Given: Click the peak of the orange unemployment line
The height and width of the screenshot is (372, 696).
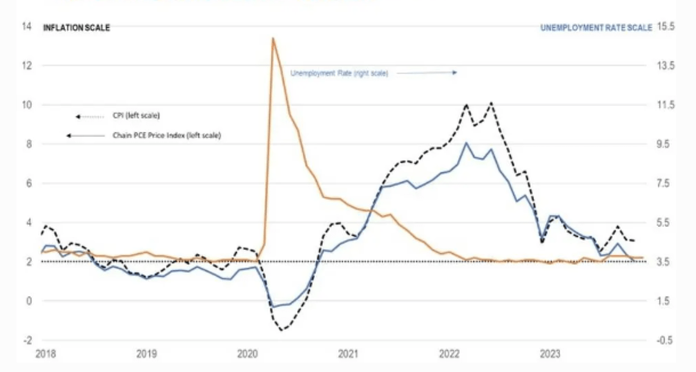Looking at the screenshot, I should click(272, 38).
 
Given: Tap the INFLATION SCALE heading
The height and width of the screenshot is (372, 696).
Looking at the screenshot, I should click(76, 27).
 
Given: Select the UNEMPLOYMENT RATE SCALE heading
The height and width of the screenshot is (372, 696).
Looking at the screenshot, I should click(596, 27).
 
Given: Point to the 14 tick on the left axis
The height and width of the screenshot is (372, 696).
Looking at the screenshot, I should click(27, 26).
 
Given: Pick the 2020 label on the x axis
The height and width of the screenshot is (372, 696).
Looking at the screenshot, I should click(248, 353).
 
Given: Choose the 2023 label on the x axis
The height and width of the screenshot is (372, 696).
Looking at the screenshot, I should click(549, 353).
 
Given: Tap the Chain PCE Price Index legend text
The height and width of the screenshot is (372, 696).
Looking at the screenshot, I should click(166, 135).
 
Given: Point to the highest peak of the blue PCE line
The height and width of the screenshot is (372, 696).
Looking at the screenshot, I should click(466, 143).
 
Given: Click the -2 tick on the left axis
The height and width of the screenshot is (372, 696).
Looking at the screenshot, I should click(27, 340).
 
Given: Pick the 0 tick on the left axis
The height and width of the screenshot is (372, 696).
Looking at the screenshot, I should click(27, 301).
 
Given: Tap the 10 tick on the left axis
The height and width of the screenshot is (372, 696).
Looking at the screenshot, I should click(27, 104).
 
